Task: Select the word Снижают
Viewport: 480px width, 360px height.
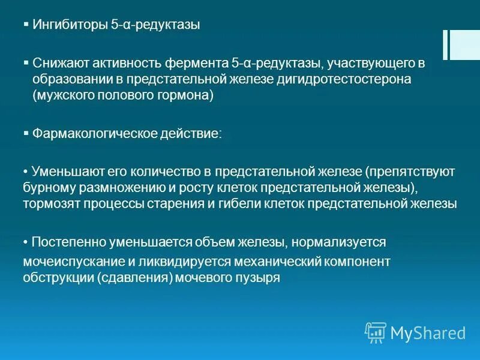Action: [x=58, y=64]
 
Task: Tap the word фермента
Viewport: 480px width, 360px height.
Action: [x=191, y=64]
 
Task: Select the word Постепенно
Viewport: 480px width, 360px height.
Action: [x=69, y=242]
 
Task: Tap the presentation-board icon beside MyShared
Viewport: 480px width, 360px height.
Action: [x=375, y=332]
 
